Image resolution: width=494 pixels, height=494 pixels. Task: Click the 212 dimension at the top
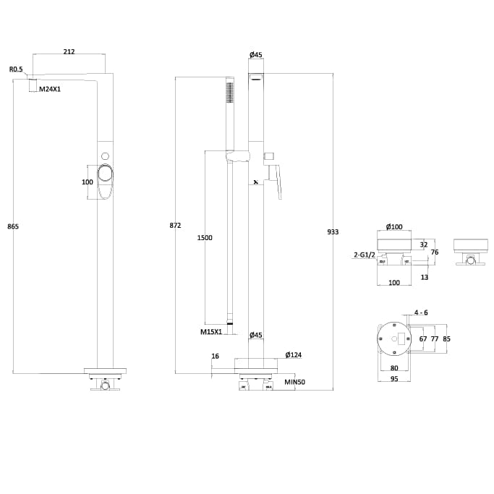(x=69, y=51)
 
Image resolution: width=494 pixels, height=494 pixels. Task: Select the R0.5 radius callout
(x=16, y=69)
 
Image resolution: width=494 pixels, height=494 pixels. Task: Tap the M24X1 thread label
(x=50, y=88)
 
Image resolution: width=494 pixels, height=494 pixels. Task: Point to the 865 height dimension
(x=13, y=226)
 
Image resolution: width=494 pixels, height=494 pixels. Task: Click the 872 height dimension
(x=175, y=226)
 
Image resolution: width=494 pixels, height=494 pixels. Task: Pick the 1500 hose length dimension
(x=205, y=237)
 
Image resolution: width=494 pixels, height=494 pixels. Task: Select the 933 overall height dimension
(x=333, y=231)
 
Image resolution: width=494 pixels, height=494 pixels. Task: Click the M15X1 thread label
(x=211, y=332)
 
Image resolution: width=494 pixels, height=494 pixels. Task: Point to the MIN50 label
(x=294, y=381)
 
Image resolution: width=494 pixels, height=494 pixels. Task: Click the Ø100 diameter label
(x=394, y=226)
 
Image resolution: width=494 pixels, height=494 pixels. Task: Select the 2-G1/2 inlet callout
(x=364, y=255)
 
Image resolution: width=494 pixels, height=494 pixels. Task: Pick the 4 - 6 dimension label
(x=421, y=312)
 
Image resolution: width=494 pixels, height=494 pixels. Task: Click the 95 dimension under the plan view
(x=394, y=378)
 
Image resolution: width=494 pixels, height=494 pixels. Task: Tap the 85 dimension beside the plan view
(x=446, y=338)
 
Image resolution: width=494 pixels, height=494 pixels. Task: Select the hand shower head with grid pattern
(x=230, y=93)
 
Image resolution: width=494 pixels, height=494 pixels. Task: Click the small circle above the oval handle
(x=106, y=156)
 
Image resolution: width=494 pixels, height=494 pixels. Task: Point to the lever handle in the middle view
(x=276, y=181)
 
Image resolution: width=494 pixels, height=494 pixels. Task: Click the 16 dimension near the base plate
(x=215, y=356)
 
